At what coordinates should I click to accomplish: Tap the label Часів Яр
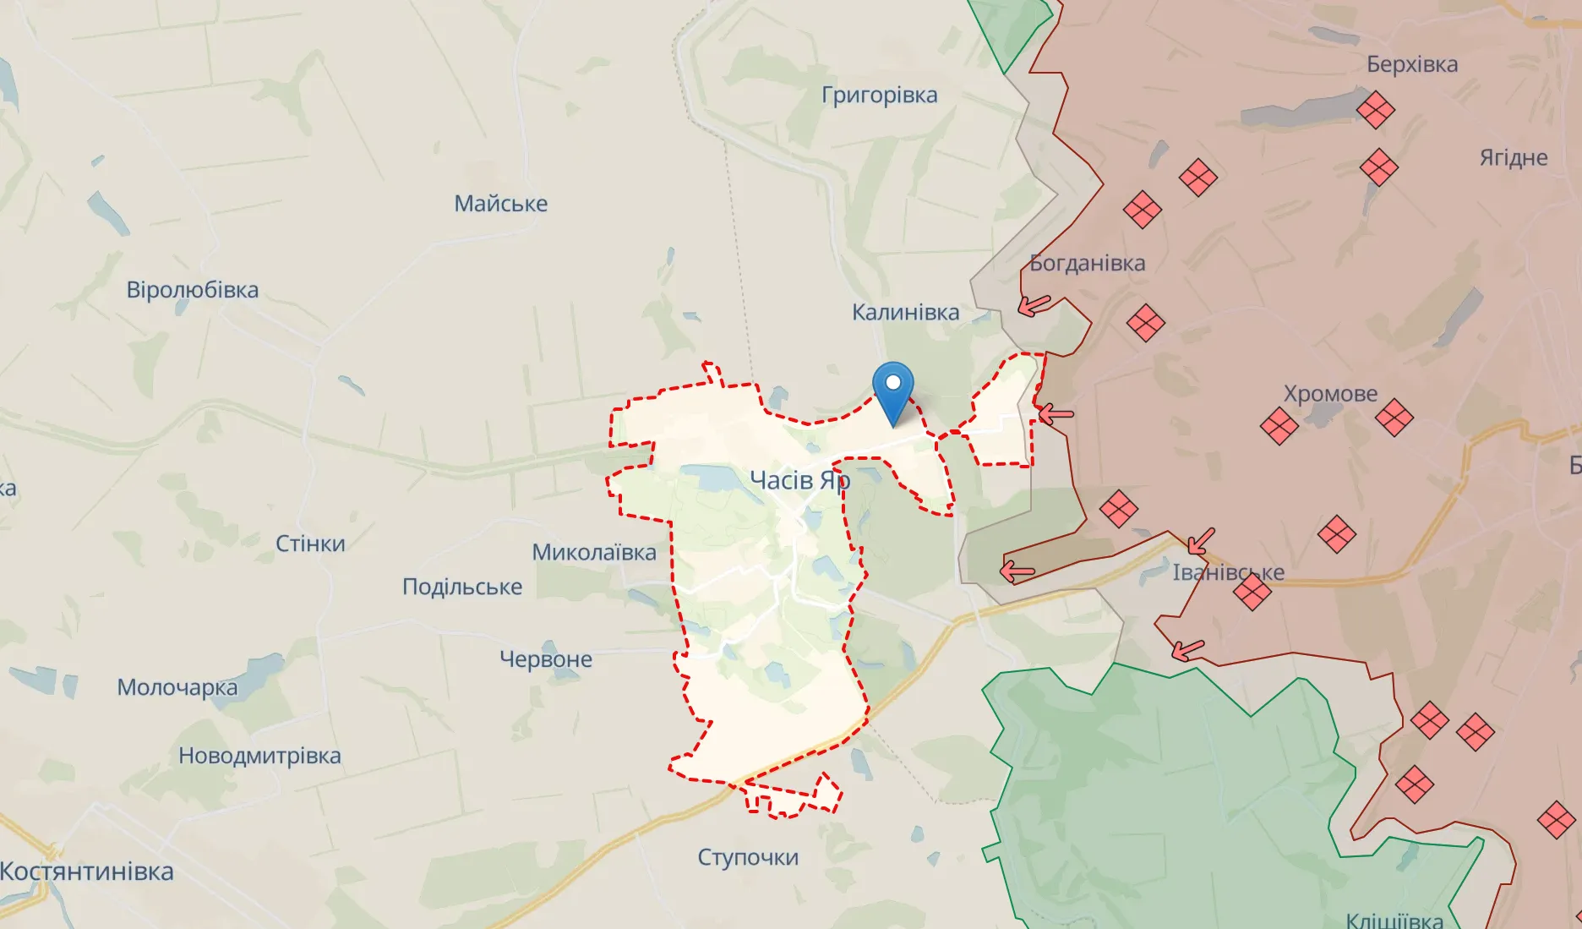coord(799,480)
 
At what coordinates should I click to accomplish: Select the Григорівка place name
coord(879,95)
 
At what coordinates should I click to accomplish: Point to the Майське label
coord(500,204)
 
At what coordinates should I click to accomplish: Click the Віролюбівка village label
coord(192,290)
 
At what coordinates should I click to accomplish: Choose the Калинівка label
coord(905,313)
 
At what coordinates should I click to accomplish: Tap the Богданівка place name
coord(1088,263)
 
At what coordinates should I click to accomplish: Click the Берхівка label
coord(1411,64)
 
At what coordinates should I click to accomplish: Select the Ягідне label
coord(1513,158)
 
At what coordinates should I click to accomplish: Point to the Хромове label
coord(1330,394)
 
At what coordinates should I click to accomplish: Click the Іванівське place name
coord(1227,572)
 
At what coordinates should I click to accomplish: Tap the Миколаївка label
coord(593,553)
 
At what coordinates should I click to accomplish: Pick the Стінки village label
coord(310,544)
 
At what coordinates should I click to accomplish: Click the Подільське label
coord(461,587)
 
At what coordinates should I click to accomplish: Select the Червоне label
coord(545,659)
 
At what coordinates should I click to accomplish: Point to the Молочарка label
coord(177,687)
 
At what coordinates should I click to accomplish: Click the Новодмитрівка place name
coord(259,756)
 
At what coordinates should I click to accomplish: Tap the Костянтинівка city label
coord(86,872)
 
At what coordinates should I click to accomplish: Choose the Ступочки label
coord(747,857)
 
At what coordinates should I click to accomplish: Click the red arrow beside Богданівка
coord(1034,304)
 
